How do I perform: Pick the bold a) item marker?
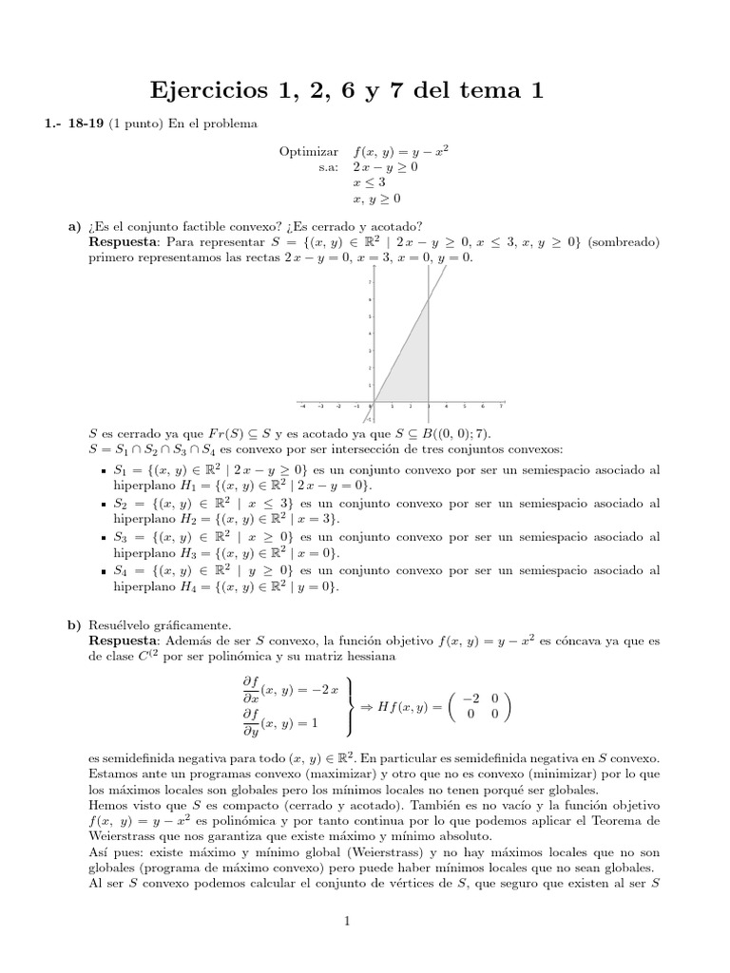tap(74, 225)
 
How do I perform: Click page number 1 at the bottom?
tap(348, 921)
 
